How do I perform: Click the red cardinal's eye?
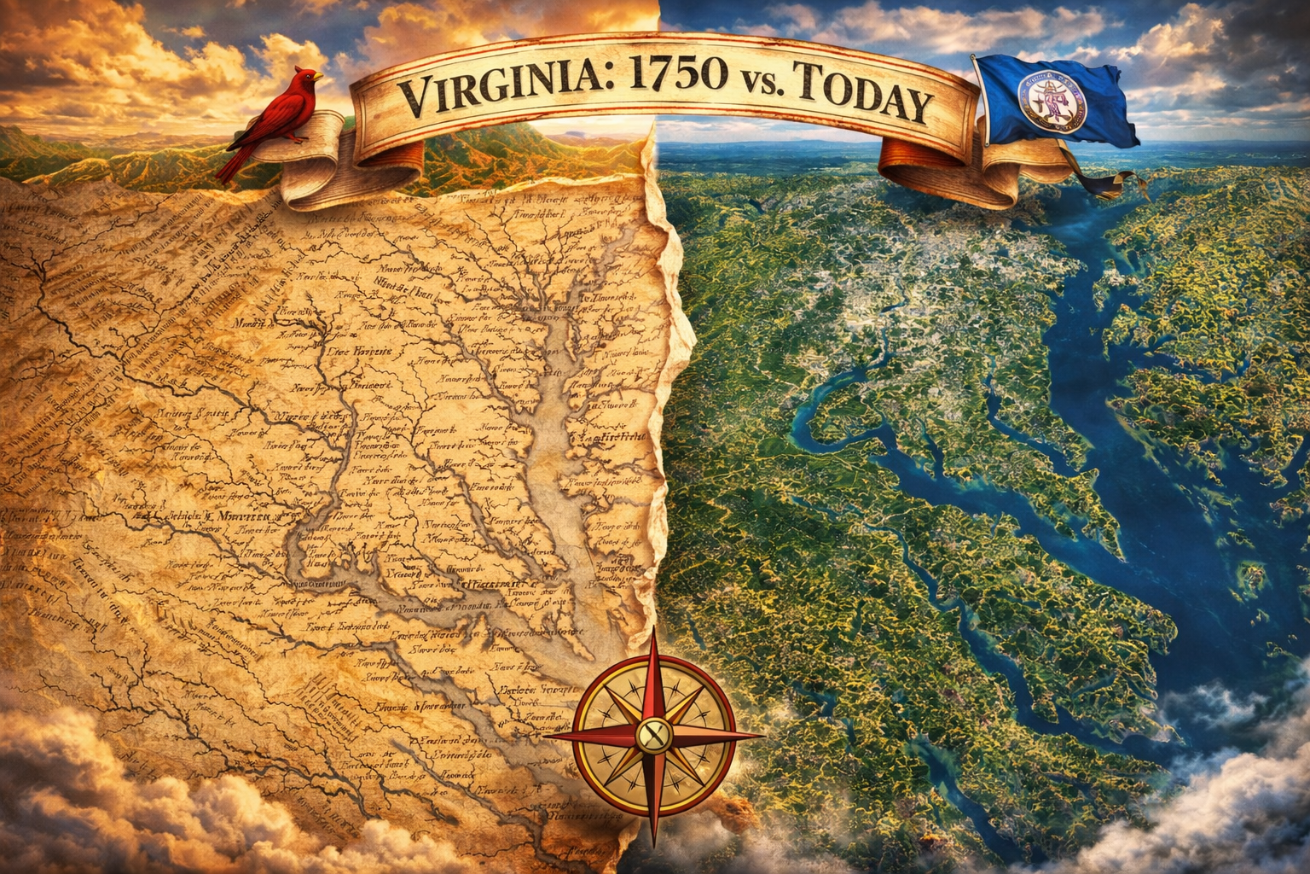click(308, 75)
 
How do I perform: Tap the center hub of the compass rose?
click(652, 733)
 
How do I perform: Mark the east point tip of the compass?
click(762, 732)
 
